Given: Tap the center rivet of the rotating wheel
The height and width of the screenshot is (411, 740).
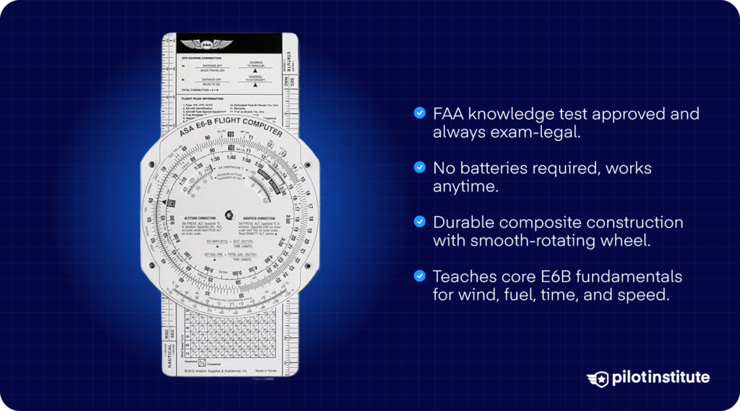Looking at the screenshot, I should pyautogui.click(x=228, y=215).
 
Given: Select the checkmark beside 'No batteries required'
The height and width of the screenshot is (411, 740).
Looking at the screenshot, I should pyautogui.click(x=419, y=168).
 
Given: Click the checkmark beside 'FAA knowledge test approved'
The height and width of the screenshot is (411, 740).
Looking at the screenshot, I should pyautogui.click(x=419, y=113).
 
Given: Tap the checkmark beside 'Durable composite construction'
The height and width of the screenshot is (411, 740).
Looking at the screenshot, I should pyautogui.click(x=419, y=222).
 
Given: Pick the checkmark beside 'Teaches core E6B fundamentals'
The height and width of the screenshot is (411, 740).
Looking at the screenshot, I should pyautogui.click(x=419, y=276).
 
